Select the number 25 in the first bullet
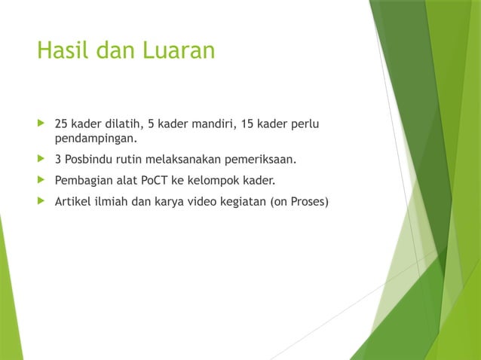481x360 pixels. click(61, 124)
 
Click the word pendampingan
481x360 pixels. click(94, 139)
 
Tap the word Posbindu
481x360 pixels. click(91, 160)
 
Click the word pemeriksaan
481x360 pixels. click(257, 160)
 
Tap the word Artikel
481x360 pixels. click(72, 202)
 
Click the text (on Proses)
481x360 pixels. click(299, 202)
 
